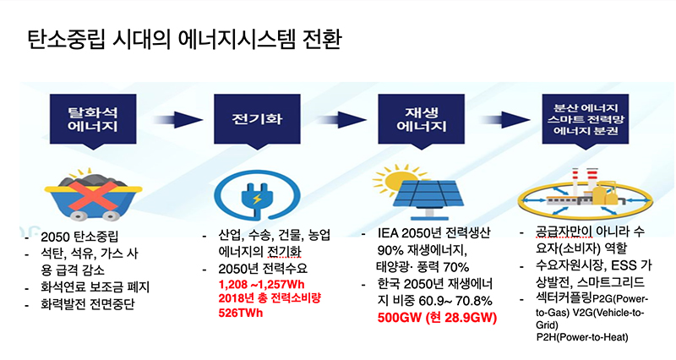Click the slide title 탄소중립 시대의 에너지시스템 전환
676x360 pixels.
click(x=184, y=39)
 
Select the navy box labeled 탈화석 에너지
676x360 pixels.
click(x=93, y=120)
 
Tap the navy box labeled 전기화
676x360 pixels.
click(x=257, y=120)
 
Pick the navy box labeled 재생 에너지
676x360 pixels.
click(x=421, y=120)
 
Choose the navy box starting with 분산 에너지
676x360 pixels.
click(x=586, y=120)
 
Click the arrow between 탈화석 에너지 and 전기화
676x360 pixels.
click(x=177, y=119)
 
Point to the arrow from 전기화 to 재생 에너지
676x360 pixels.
click(x=341, y=119)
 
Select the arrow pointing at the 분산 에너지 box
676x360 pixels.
click(x=505, y=119)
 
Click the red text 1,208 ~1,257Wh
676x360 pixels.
click(x=262, y=285)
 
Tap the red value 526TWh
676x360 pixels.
click(x=241, y=313)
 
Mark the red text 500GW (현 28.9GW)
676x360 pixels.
click(x=437, y=319)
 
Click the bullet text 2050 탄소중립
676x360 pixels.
click(x=79, y=237)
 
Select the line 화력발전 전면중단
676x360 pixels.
click(x=88, y=304)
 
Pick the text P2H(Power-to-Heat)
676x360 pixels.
click(x=582, y=337)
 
